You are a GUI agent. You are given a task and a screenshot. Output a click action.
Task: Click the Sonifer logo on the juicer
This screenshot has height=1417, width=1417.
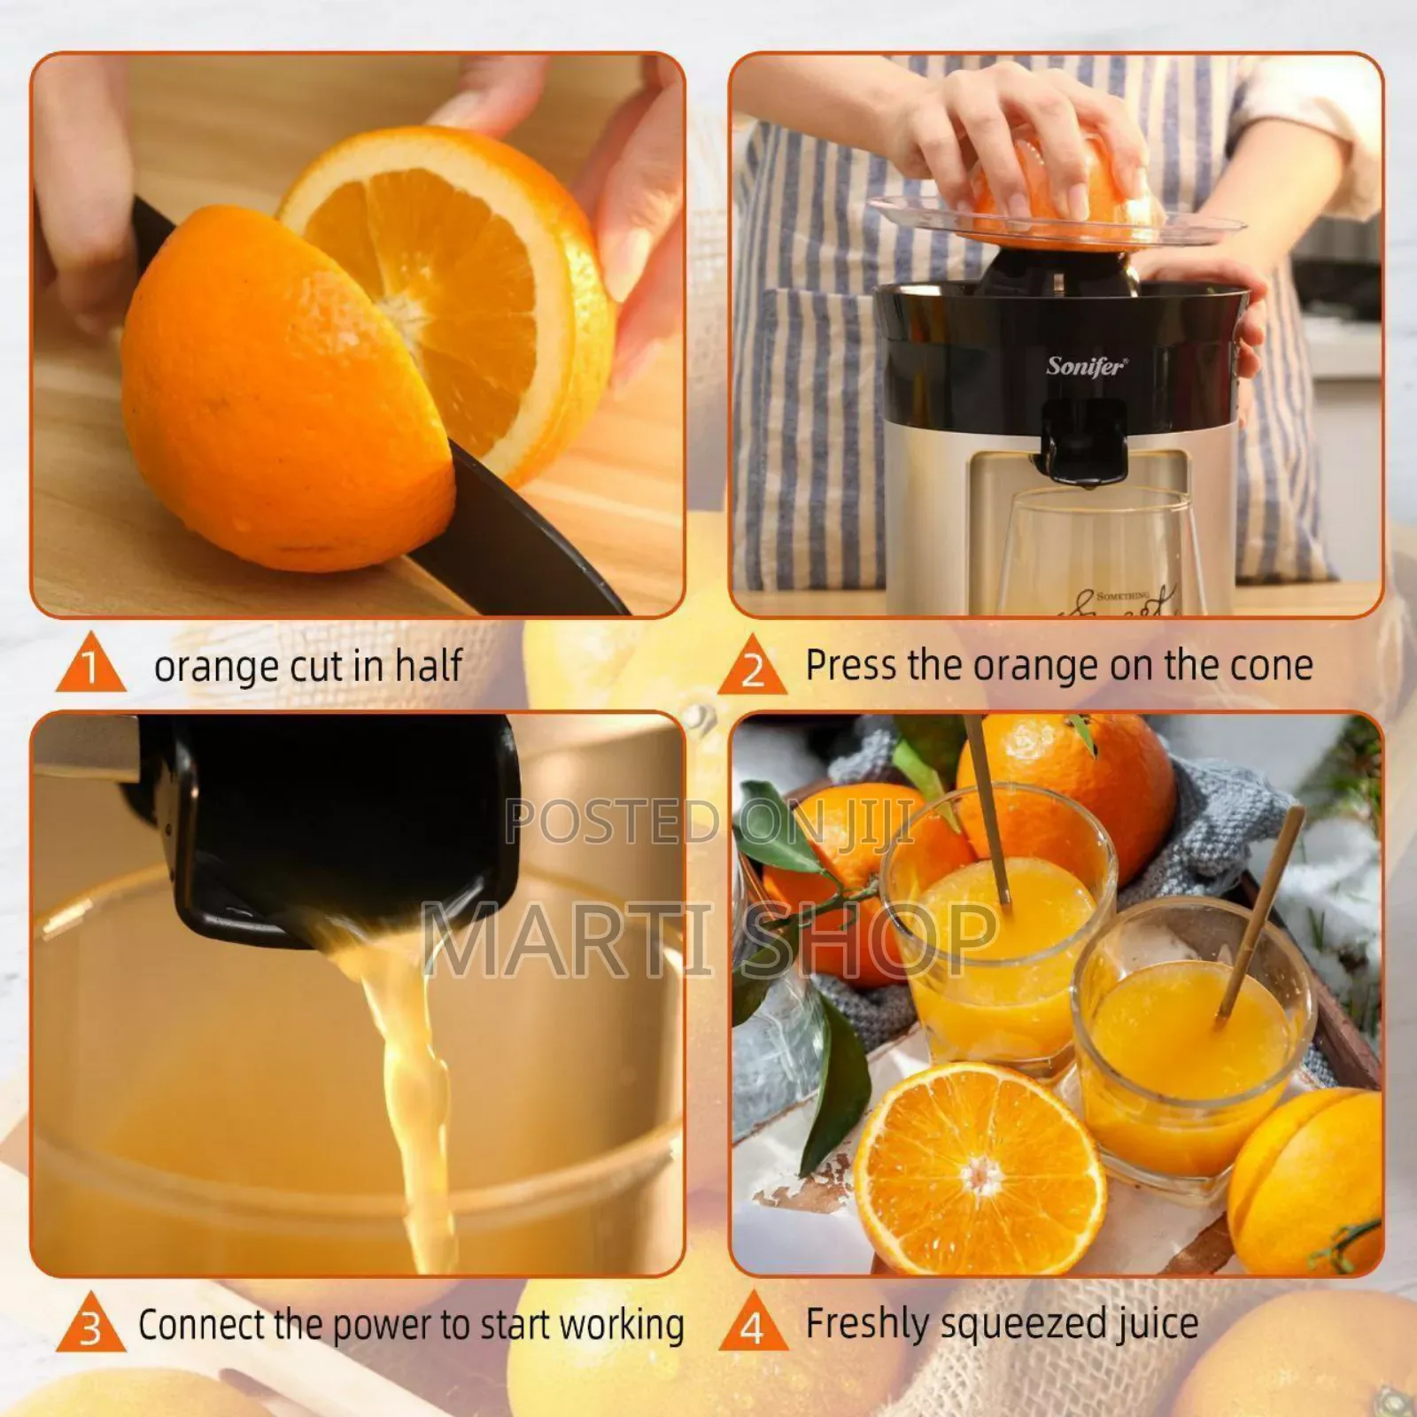point(1086,366)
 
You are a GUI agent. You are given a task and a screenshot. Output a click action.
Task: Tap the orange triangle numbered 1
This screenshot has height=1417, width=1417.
point(90,666)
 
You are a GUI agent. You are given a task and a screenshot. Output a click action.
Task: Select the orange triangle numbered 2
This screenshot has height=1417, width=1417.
point(752,668)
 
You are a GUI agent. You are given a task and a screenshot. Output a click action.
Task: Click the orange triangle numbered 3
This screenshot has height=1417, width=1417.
point(90,1326)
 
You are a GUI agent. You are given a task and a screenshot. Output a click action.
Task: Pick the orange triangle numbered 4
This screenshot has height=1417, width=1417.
point(752,1325)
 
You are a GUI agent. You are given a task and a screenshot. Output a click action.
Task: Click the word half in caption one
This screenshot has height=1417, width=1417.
point(429,665)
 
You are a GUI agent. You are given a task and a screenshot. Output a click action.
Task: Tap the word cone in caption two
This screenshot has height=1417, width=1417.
point(1269,665)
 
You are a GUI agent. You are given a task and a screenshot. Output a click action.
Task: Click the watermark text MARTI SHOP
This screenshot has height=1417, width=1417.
point(708,939)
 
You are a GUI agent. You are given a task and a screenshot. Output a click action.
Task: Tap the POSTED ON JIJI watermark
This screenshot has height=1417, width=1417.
point(708,822)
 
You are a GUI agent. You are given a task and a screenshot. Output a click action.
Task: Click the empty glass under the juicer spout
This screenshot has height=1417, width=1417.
point(1098,549)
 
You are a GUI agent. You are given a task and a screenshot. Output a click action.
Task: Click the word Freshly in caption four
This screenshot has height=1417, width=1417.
point(866,1323)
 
